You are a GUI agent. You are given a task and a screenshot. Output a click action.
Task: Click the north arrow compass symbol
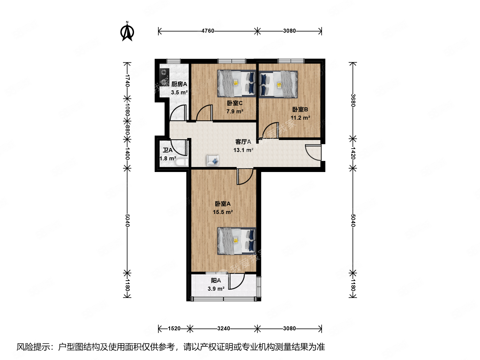(127, 31)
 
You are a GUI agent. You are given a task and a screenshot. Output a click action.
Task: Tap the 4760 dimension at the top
(208, 31)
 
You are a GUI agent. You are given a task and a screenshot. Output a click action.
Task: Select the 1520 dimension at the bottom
(174, 329)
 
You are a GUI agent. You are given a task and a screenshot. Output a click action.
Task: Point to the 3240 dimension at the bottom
(223, 329)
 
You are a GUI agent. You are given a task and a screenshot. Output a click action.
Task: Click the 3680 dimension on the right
(353, 100)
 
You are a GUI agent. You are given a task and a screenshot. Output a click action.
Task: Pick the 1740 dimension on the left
(127, 80)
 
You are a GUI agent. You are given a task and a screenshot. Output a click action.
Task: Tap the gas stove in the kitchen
(164, 77)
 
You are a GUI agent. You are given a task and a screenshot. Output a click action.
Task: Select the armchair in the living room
(213, 160)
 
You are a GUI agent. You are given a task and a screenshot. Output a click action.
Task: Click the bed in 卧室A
(237, 241)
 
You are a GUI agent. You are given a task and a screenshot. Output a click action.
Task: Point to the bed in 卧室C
(237, 83)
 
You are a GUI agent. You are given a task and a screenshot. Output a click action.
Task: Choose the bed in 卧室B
(278, 84)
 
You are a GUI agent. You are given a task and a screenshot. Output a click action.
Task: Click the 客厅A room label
(243, 142)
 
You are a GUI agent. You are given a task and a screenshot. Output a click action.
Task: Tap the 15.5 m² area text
(223, 212)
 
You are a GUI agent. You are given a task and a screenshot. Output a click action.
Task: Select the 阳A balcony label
(216, 281)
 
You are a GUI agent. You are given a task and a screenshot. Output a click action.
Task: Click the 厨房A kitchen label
(179, 84)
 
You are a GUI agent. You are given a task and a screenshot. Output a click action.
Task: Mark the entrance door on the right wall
(314, 152)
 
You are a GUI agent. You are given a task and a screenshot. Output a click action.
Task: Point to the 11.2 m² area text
(300, 118)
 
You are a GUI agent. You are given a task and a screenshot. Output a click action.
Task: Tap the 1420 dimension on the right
(353, 153)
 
